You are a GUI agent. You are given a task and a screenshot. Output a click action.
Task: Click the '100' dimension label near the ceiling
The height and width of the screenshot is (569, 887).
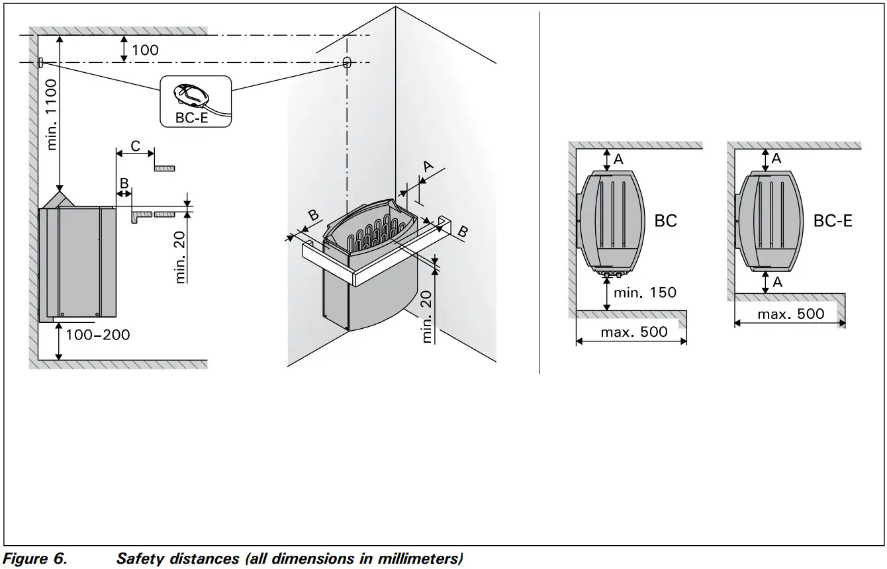pos(145,50)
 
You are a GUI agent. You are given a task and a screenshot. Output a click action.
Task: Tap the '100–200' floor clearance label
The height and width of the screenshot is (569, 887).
pos(98,335)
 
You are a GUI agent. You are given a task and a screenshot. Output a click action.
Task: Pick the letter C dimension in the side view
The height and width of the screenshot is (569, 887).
pos(135,146)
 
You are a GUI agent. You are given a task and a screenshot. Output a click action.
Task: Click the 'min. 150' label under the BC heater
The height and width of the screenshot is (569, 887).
pos(645,292)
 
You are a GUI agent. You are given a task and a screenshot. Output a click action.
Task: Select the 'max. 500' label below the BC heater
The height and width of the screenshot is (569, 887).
pos(633,331)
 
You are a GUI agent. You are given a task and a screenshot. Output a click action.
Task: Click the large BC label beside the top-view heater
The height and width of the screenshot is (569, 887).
pos(665,220)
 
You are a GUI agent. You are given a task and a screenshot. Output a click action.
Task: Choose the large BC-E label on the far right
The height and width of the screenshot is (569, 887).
pos(832,220)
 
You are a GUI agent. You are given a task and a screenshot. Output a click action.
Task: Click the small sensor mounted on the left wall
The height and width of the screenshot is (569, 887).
pos(40,62)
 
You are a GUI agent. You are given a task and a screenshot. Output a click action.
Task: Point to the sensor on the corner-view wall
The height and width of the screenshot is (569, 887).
pos(347,64)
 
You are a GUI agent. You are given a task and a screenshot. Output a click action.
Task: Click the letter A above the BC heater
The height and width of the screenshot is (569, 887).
pos(618,159)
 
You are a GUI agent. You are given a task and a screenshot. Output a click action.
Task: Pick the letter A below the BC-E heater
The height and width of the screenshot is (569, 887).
pos(776,282)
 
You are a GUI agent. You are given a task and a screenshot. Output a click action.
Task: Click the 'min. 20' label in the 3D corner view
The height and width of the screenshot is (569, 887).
pos(428,318)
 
